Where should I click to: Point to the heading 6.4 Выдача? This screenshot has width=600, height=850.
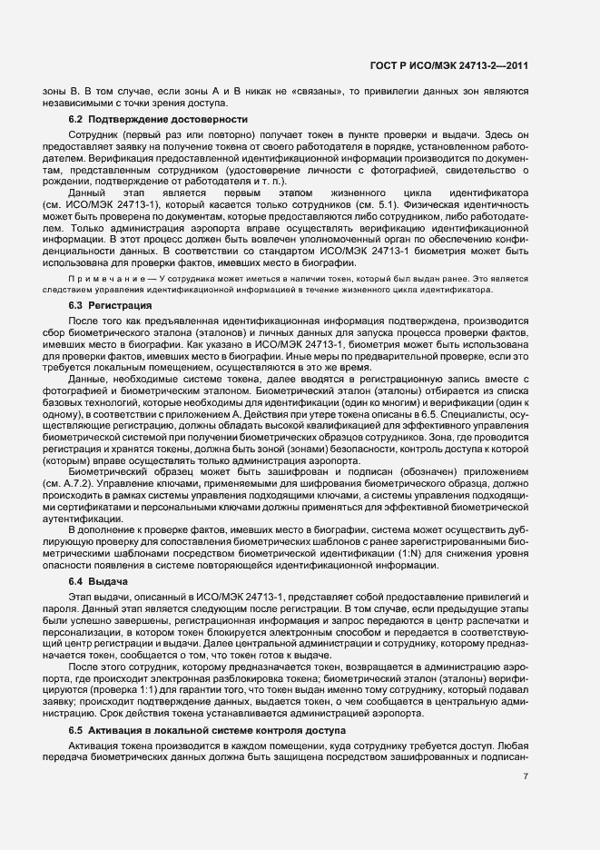(x=97, y=579)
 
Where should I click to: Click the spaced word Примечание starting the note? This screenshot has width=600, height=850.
(x=109, y=276)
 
